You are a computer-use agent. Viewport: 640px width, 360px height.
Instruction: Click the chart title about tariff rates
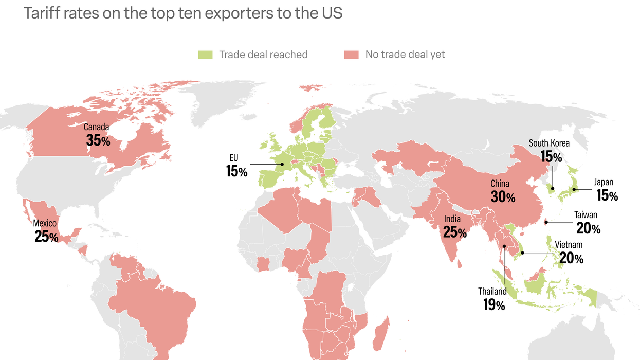pos(182,13)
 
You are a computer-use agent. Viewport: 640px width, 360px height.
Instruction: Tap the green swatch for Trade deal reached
pos(205,55)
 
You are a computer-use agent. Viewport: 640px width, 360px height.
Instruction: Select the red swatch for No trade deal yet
pos(351,55)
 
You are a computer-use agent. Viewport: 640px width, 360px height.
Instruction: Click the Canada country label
pos(97,127)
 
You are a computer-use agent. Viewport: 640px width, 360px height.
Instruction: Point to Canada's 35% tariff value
pos(98,140)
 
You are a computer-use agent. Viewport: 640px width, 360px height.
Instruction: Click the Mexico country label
pos(45,223)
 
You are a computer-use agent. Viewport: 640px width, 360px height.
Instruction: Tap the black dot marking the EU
pos(281,165)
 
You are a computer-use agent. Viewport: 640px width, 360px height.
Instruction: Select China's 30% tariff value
pos(503,196)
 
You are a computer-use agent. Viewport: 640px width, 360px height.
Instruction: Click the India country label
pos(452,219)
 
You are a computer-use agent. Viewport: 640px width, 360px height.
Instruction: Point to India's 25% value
pos(454,232)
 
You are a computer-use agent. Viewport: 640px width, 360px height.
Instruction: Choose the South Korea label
pos(549,143)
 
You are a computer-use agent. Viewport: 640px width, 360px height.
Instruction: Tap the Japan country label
pos(604,182)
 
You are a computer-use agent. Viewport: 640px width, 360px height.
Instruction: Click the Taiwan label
pos(586,215)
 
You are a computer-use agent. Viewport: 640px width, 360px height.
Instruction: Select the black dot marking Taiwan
pos(546,222)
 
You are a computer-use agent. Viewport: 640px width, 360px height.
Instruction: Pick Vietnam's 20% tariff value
pos(571,259)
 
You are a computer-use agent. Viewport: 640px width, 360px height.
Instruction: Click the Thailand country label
pos(492,292)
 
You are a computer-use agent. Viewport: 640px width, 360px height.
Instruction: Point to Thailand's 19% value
pos(493,305)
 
